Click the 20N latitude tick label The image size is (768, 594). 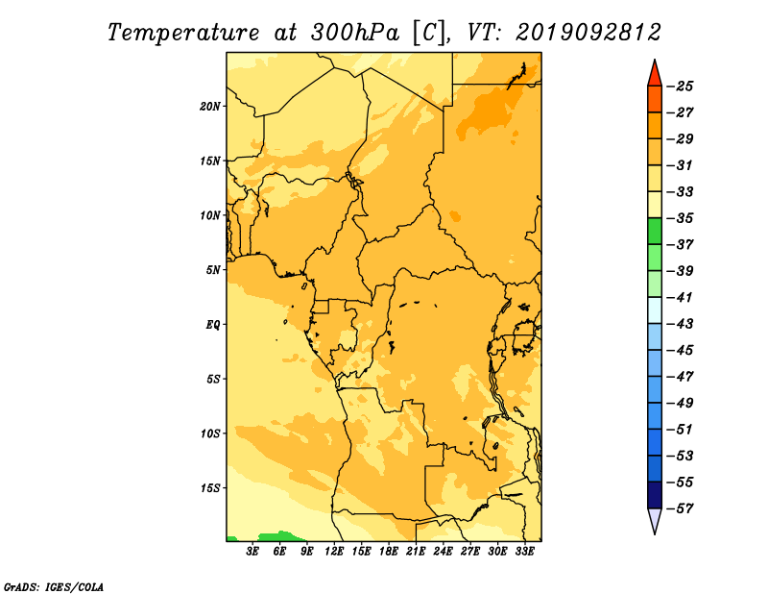coord(209,107)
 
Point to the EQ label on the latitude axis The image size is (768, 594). coord(212,325)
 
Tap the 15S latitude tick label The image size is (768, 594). coord(209,488)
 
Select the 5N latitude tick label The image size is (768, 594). coord(213,270)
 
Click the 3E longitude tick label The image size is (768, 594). coord(252,552)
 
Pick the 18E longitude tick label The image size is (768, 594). coord(389,552)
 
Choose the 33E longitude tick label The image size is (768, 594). coord(524,552)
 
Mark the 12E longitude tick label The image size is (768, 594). coord(334,552)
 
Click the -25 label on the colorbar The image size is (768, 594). coord(680,87)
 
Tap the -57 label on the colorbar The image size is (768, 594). coord(680,508)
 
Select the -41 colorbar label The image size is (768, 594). coord(680,298)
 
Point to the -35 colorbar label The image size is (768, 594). coord(680,218)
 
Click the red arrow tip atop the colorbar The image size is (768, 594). coord(655,60)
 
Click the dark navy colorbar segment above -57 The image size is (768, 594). coord(655,495)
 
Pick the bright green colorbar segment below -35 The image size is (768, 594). coord(655,232)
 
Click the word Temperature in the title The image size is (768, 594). coord(183,34)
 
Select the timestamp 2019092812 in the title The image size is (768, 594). coord(588,33)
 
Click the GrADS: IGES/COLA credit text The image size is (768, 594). coord(54,587)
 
